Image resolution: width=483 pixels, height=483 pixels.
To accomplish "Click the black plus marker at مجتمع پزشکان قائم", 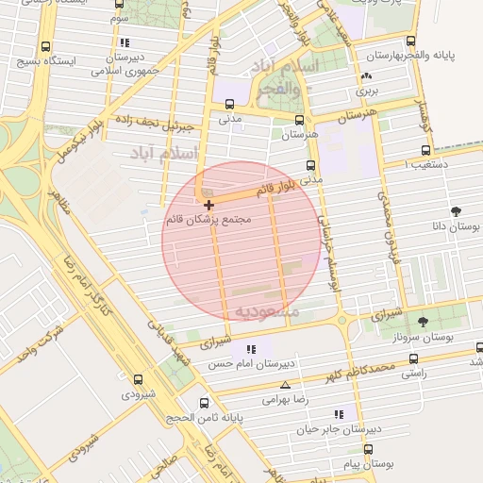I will click(208, 204).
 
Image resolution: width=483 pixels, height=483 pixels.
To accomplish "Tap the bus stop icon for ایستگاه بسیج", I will click(46, 46).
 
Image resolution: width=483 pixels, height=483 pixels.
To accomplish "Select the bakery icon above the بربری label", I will click(366, 77).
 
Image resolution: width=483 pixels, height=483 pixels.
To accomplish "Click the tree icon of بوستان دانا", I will click(457, 211).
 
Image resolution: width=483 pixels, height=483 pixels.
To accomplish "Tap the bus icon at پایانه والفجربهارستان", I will click(410, 41).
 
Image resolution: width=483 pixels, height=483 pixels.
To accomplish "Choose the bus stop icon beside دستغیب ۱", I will click(425, 149).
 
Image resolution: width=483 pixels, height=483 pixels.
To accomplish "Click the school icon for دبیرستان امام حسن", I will click(250, 350).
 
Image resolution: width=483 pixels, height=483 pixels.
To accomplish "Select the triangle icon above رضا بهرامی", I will click(286, 385).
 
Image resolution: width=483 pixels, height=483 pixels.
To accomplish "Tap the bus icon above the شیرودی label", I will click(138, 379).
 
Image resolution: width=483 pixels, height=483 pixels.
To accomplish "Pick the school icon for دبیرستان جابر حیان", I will click(339, 413).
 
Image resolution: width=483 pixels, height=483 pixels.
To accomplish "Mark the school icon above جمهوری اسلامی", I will click(125, 42).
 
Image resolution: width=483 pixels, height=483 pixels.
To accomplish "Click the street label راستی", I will click(413, 375).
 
